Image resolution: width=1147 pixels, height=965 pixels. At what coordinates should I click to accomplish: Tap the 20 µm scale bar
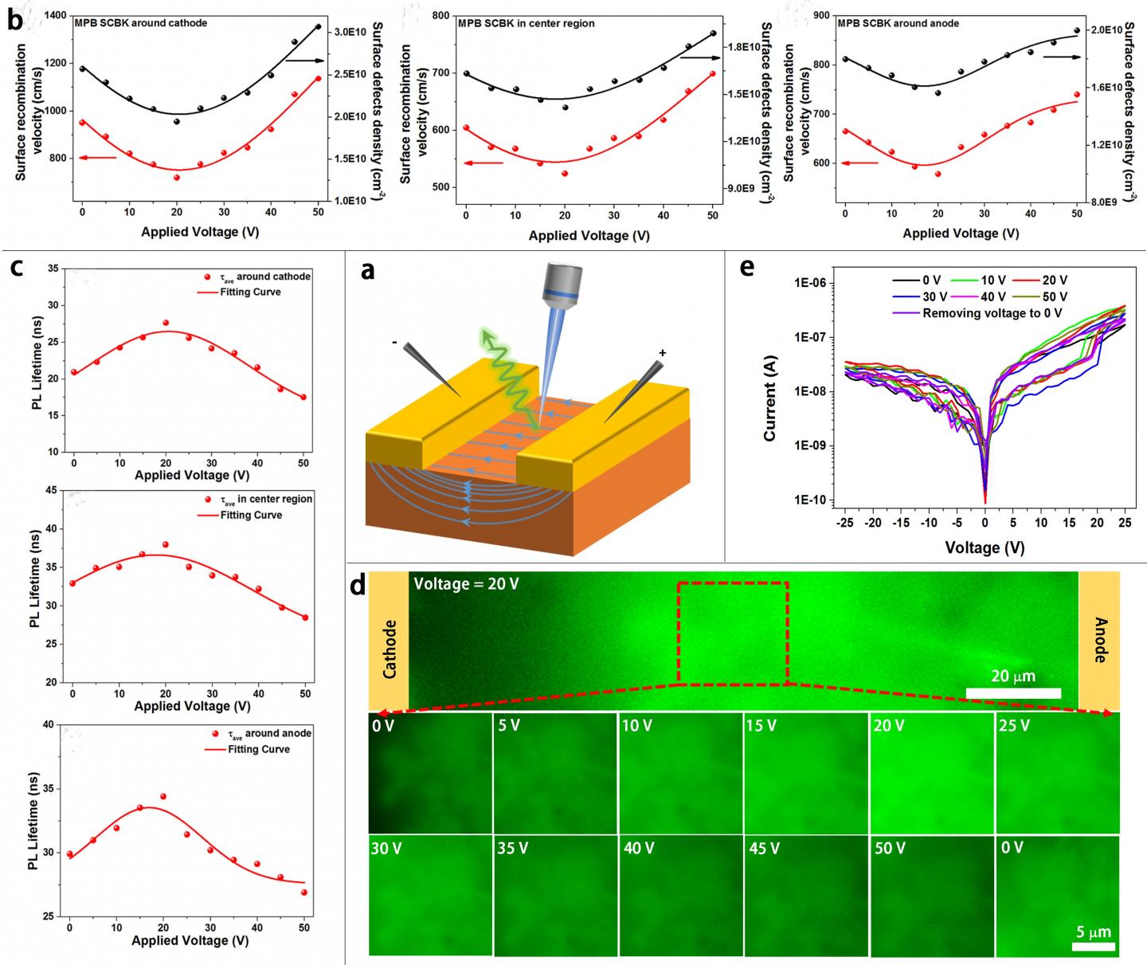(1013, 692)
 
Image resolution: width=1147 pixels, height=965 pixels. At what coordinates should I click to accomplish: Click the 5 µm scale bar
(1094, 947)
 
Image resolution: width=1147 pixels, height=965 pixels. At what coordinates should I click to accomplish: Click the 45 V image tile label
(764, 849)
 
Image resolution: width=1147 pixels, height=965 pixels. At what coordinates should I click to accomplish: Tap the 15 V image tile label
(761, 726)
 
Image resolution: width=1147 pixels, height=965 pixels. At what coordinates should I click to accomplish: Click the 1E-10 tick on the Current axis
(813, 500)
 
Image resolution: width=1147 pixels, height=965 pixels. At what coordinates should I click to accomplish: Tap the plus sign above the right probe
(662, 352)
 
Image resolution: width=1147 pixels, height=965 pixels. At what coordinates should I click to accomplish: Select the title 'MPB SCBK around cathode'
(141, 23)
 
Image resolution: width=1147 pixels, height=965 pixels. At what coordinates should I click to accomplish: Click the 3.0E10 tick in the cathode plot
(350, 32)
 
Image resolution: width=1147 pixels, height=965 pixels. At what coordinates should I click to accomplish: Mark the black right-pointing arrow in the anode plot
(1061, 57)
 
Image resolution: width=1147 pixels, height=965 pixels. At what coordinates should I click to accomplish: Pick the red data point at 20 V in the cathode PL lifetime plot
(166, 323)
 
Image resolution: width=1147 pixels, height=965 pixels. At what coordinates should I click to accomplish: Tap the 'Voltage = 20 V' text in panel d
(466, 584)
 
